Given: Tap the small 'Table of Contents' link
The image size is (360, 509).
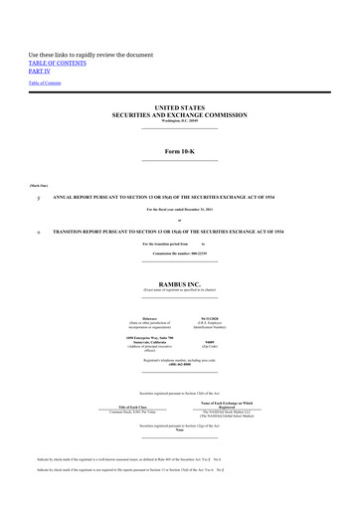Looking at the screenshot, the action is pos(44,84).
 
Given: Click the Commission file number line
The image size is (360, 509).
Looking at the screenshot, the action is pos(179,253).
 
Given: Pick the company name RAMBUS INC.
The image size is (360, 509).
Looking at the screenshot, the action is pos(179,283).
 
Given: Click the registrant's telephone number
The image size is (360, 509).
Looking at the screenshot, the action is pos(179,365).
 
